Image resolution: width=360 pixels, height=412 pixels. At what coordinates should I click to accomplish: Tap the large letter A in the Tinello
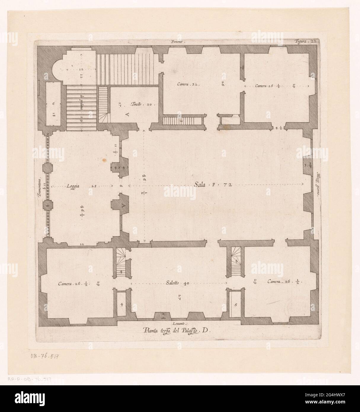pos(128,115)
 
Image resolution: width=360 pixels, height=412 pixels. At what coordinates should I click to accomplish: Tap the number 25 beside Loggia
pos(94,186)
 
